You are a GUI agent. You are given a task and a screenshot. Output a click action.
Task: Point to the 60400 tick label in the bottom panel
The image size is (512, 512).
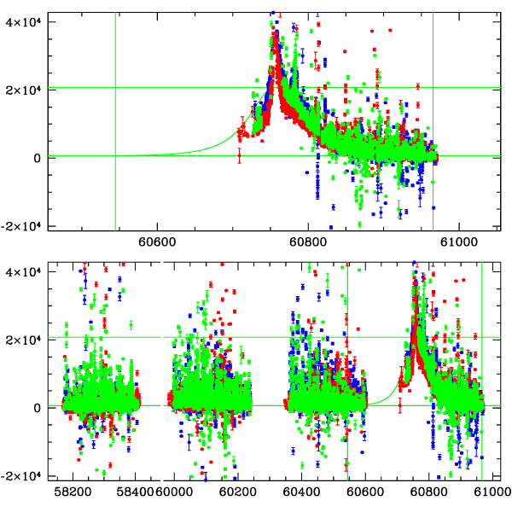[x=301, y=492]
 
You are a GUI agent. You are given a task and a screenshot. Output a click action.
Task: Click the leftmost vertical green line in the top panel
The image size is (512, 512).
[x=115, y=119]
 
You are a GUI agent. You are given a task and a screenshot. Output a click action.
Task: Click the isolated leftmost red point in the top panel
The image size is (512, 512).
[x=239, y=156]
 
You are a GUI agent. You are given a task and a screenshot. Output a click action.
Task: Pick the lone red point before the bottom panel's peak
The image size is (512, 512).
[x=400, y=406]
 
